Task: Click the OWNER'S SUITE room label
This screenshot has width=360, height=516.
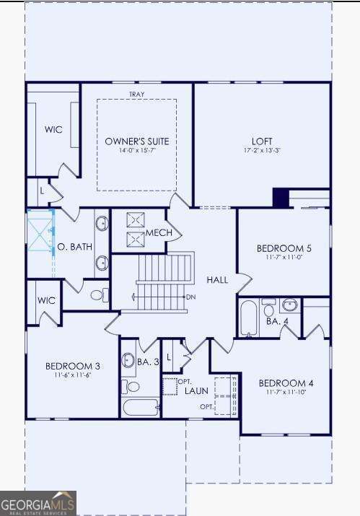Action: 136,141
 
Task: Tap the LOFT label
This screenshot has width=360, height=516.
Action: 262,141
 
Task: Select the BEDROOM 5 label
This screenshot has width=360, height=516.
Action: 284,248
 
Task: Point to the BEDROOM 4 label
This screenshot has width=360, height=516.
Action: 286,382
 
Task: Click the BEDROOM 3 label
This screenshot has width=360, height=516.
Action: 72,366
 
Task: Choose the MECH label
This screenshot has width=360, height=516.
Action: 159,233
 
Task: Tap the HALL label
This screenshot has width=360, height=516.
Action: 217,279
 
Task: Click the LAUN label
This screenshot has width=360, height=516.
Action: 196,390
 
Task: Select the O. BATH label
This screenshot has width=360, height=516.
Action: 75,247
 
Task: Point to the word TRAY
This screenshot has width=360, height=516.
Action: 136,95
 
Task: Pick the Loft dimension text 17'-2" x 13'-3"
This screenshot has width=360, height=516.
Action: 262,151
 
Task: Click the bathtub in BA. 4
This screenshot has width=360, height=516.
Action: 248,318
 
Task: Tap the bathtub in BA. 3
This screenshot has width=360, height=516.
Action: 140,407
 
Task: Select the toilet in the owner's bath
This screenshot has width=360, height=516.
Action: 98,294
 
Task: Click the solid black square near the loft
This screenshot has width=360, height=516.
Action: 281,197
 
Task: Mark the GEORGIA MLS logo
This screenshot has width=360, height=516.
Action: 38,503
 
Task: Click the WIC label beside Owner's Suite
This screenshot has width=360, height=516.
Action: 53,130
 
